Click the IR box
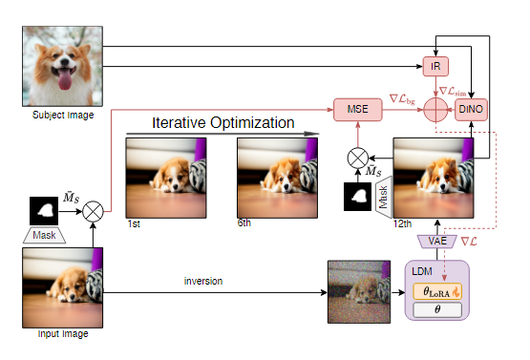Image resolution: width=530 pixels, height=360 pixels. [x=435, y=67]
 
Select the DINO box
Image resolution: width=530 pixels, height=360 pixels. [x=472, y=111]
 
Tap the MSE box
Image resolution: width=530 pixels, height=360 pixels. [x=356, y=111]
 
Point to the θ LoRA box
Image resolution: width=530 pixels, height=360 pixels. [x=435, y=289]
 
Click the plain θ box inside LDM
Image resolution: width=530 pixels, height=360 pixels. [x=435, y=310]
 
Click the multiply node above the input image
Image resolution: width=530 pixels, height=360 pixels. [x=94, y=210]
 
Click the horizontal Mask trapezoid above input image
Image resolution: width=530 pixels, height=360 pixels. [x=44, y=233]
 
